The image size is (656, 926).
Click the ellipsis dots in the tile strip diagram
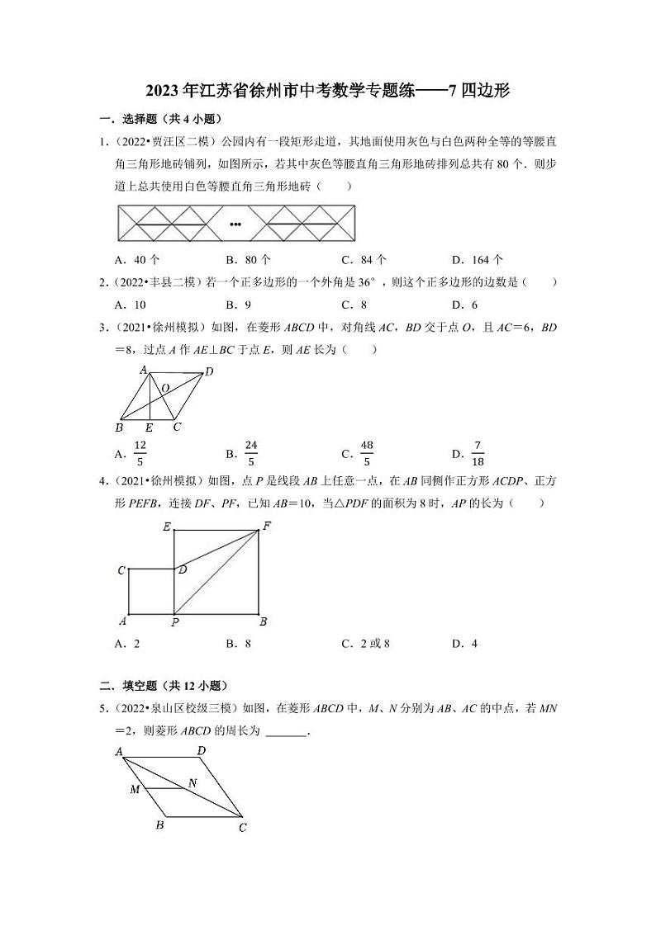pos(235,224)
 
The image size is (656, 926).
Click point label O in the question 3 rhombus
pos(165,387)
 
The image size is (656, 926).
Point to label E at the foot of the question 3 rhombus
pos(149,428)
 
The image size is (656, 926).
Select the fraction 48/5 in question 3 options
pos(367,452)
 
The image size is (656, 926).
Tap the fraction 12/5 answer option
pos(140,452)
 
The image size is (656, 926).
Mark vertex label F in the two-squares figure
pos(266,526)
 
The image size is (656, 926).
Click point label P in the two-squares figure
pos(174,623)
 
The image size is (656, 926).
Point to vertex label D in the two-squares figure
pos(183,569)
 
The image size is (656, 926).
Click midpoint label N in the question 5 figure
pos(193,782)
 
